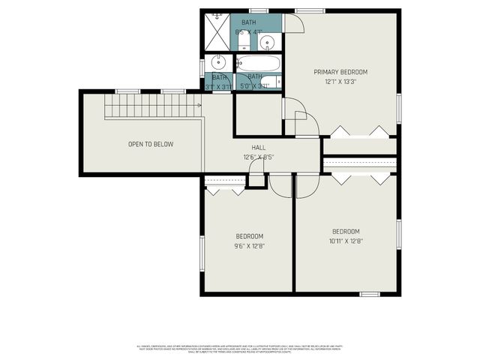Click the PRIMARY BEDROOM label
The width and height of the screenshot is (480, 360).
[340, 72]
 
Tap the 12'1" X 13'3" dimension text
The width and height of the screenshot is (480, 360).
[340, 81]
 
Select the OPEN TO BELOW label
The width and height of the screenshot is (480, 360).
[150, 144]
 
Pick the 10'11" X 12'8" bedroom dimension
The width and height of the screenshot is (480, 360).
[346, 241]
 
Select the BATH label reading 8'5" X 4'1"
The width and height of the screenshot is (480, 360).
[248, 27]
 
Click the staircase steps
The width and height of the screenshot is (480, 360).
[150, 106]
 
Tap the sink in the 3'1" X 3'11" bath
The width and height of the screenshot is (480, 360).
[220, 62]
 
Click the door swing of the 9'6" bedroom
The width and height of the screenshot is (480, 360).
[281, 187]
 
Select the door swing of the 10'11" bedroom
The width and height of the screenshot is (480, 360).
[307, 187]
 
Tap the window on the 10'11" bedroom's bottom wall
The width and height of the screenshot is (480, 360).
[370, 294]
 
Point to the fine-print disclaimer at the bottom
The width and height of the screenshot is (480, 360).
[240, 349]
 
